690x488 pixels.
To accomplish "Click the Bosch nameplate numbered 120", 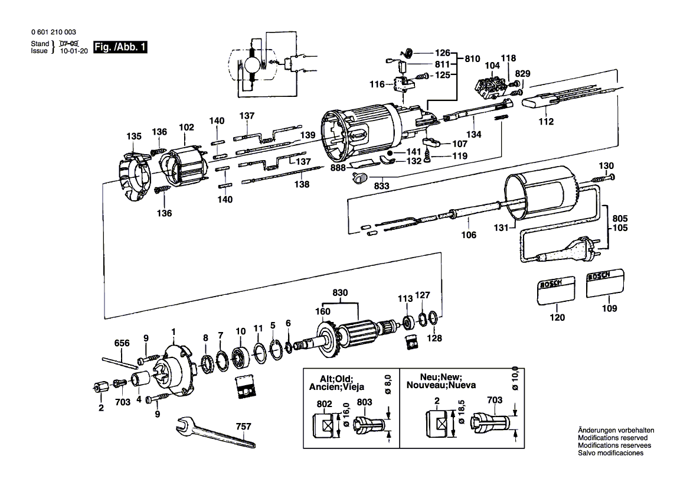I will click(x=555, y=291).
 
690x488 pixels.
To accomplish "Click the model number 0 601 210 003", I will click(x=52, y=32).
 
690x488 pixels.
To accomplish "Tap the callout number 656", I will click(x=122, y=343).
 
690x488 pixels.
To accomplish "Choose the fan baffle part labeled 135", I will click(x=134, y=177).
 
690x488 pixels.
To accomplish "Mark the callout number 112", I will click(x=547, y=122).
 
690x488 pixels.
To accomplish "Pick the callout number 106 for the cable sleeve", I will click(x=469, y=235).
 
